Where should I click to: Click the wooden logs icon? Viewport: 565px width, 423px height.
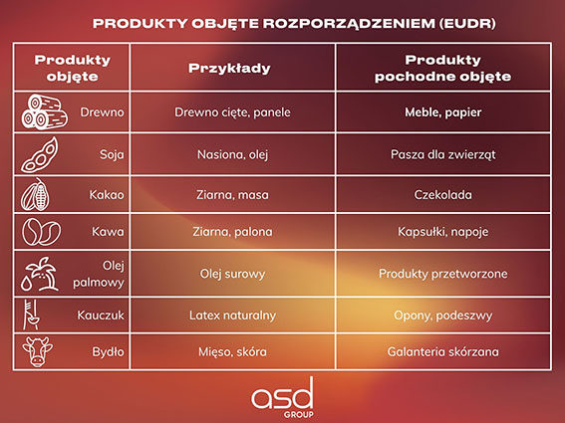44,111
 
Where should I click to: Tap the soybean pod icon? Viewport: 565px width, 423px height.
39,155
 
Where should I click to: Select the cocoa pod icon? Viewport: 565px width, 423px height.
35,194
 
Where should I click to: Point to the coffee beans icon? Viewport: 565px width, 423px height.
41,232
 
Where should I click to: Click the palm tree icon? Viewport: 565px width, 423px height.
40,274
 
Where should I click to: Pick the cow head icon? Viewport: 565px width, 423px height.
37,351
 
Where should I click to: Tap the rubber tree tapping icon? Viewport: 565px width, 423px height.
31,315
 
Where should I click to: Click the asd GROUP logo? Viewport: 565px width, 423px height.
283,398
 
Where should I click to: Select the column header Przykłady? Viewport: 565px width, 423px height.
229,68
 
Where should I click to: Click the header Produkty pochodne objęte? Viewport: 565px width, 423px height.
442,68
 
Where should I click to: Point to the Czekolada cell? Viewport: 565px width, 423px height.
442,195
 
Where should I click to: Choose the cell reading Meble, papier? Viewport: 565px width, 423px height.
442,112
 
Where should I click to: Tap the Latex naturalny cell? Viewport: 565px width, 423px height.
233,316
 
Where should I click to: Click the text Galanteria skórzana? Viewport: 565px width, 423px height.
442,351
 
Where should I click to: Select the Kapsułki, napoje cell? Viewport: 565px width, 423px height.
442,232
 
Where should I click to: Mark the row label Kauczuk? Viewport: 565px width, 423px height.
101,316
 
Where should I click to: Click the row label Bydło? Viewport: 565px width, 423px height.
108,351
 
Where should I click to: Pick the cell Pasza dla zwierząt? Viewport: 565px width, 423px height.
442,155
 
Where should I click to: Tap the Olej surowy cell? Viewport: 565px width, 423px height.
233,274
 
